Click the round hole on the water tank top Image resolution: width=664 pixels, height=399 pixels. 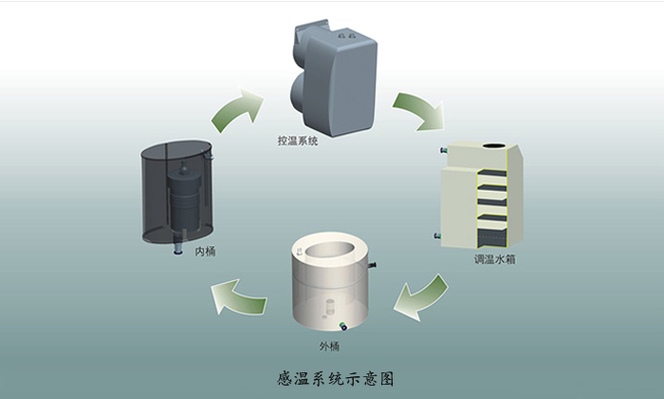(x=494, y=147)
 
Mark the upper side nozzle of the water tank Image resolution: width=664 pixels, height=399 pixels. (x=441, y=151)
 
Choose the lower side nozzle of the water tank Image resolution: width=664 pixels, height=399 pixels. (x=435, y=234)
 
